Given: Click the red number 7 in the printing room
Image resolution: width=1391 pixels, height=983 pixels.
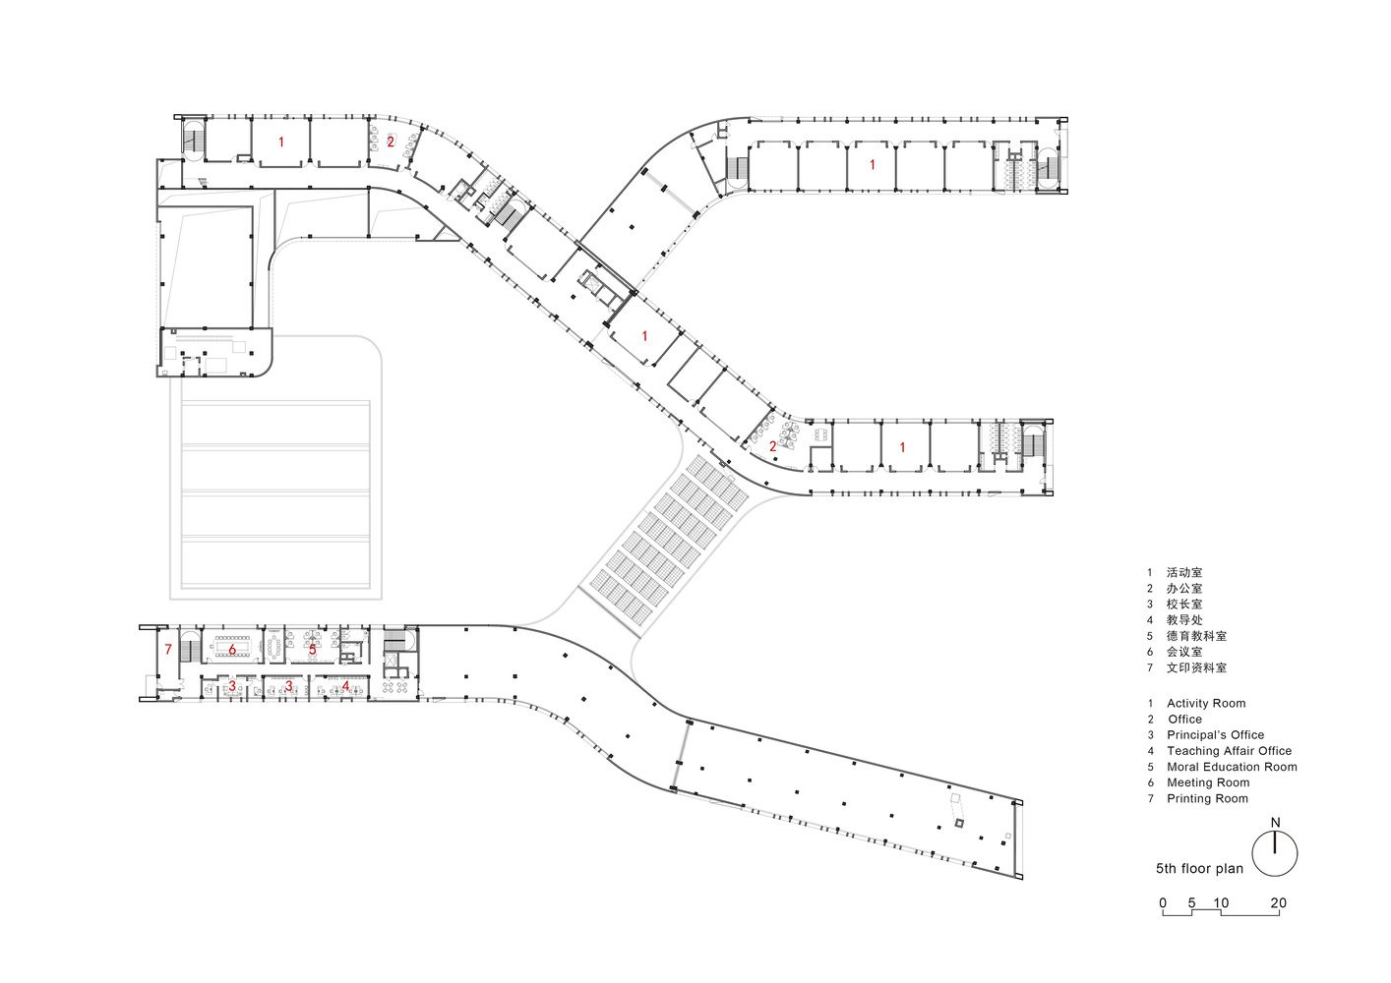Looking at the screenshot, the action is tap(167, 649).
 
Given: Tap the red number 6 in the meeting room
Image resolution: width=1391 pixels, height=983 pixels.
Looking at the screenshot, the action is tap(232, 649).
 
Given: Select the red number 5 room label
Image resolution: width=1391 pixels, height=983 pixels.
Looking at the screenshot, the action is tap(313, 649).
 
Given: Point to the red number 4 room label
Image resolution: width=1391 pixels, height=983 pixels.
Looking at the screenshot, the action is tap(346, 686).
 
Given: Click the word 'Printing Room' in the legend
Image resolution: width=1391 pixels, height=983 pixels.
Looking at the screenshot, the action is tap(1207, 798).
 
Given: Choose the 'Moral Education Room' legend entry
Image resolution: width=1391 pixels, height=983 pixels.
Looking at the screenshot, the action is tap(1232, 767).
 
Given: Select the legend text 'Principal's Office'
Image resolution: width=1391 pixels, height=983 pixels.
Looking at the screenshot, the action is tap(1215, 735).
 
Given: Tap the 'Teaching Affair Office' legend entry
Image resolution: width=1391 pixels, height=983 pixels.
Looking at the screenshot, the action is tap(1229, 751).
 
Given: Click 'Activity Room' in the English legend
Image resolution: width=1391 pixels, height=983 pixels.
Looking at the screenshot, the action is tap(1206, 703).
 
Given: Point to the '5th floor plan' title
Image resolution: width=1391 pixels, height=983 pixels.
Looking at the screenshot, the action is tap(1200, 869).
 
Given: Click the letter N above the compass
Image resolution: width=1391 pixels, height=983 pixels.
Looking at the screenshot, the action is tap(1276, 823).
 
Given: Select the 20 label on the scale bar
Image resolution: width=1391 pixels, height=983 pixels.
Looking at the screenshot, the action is tap(1278, 903).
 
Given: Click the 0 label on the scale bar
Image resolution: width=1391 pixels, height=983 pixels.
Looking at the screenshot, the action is tap(1163, 903).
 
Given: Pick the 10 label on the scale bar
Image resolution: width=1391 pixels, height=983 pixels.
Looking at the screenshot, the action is tap(1221, 903).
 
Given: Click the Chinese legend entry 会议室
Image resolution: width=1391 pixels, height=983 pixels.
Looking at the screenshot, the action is tap(1184, 652).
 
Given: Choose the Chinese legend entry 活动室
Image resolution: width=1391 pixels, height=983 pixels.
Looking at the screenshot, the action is tap(1184, 572).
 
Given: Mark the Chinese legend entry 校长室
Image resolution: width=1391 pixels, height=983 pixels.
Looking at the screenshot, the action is tap(1184, 604).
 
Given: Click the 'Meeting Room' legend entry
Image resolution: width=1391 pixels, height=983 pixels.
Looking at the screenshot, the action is tap(1208, 782).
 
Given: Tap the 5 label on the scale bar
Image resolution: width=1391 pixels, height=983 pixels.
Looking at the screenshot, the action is tap(1191, 903).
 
